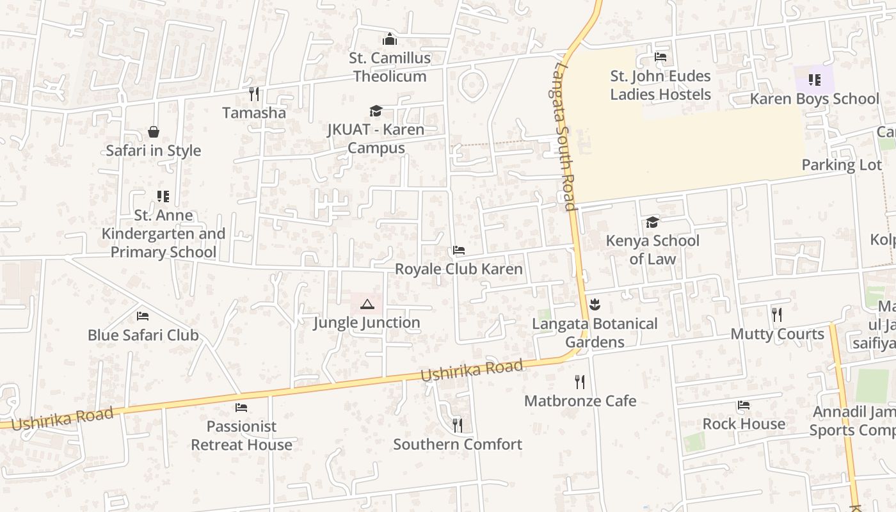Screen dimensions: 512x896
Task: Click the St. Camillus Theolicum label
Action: pyautogui.click(x=390, y=67)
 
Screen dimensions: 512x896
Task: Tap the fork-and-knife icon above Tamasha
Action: pyautogui.click(x=254, y=94)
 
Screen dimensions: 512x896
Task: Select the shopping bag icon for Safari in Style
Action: pyautogui.click(x=154, y=132)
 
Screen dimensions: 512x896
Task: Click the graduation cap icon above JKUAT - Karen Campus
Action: pyautogui.click(x=376, y=111)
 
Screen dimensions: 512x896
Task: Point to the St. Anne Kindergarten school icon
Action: pyautogui.click(x=163, y=196)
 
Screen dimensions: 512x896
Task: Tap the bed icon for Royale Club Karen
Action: pyautogui.click(x=458, y=250)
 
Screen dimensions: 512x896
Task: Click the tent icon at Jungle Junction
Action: pyautogui.click(x=367, y=304)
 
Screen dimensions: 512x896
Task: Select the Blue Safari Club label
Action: pyautogui.click(x=143, y=335)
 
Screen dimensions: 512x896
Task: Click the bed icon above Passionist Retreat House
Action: pyautogui.click(x=241, y=407)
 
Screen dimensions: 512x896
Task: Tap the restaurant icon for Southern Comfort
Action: pyautogui.click(x=457, y=425)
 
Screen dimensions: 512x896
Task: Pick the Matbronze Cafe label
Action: pyautogui.click(x=580, y=401)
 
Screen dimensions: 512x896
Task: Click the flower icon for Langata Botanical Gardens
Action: pyautogui.click(x=595, y=304)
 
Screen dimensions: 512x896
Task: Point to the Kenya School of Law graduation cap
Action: pyautogui.click(x=652, y=222)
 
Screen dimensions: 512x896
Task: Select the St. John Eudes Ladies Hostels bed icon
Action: pyautogui.click(x=660, y=57)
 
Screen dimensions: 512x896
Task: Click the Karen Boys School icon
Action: pyautogui.click(x=814, y=80)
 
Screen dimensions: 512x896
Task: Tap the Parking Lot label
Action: pyautogui.click(x=841, y=165)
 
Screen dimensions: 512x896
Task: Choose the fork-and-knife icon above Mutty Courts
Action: pyautogui.click(x=777, y=314)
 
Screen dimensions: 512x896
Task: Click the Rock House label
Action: pyautogui.click(x=744, y=424)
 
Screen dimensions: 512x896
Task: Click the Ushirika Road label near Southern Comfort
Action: pyautogui.click(x=472, y=371)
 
